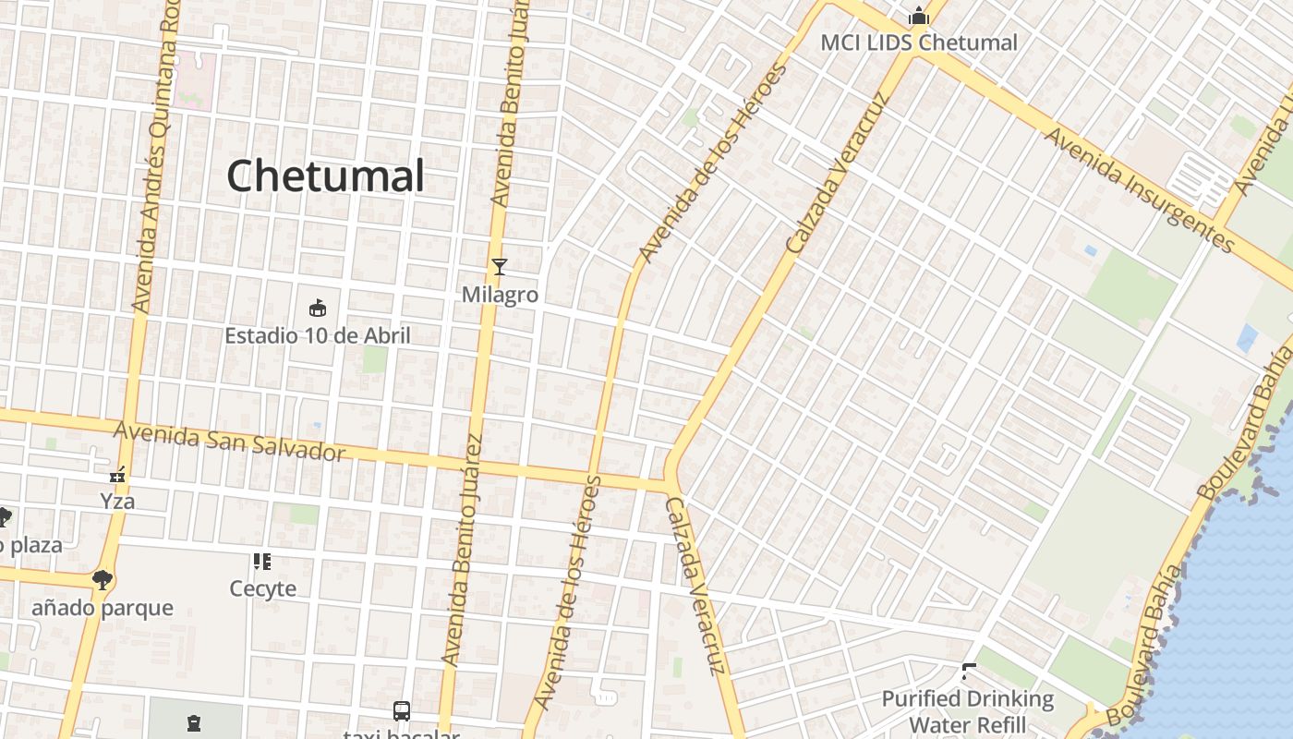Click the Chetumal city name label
click(325, 176)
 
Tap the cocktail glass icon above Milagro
click(500, 268)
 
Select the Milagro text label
click(500, 295)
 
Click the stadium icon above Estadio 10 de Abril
click(318, 308)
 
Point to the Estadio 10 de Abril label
click(318, 335)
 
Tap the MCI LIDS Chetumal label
click(919, 42)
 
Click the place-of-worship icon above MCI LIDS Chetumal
click(918, 16)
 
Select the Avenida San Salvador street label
click(229, 441)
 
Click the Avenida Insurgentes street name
click(1140, 190)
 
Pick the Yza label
click(117, 502)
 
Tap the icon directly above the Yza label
click(117, 476)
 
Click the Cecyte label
click(263, 588)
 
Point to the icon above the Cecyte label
click(262, 561)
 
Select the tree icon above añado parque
click(102, 580)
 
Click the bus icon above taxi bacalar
click(402, 711)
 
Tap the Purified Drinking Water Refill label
click(968, 711)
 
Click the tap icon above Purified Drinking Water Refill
click(968, 672)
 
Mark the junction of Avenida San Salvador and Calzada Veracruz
click(668, 483)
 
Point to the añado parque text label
click(103, 608)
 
